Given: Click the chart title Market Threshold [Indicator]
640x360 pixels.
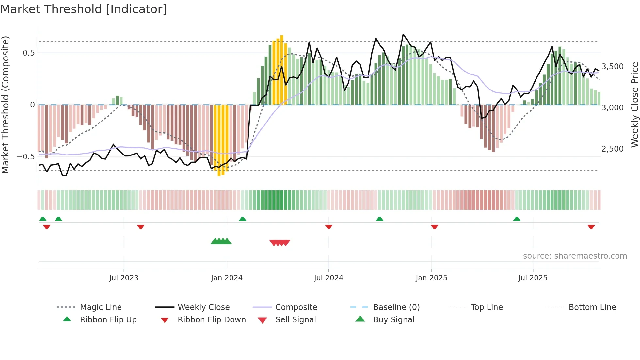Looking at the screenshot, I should [84, 9].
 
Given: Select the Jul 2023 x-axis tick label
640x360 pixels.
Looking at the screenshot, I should [124, 278].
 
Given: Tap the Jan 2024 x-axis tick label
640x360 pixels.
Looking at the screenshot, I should [227, 278].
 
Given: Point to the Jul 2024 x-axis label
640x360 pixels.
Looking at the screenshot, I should [328, 278].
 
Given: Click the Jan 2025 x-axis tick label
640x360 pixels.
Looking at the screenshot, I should [431, 278].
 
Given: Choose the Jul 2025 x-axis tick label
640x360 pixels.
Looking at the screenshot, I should [533, 278].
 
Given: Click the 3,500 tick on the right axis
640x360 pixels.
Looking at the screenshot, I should [613, 67].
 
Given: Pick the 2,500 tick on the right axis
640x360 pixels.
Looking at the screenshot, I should [613, 149].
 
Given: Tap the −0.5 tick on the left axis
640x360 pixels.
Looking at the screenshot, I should [26, 157].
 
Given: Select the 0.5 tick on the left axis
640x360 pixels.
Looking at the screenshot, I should [29, 53].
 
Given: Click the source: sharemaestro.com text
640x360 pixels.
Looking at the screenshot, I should [575, 256].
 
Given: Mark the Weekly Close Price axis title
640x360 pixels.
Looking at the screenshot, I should [634, 105].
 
